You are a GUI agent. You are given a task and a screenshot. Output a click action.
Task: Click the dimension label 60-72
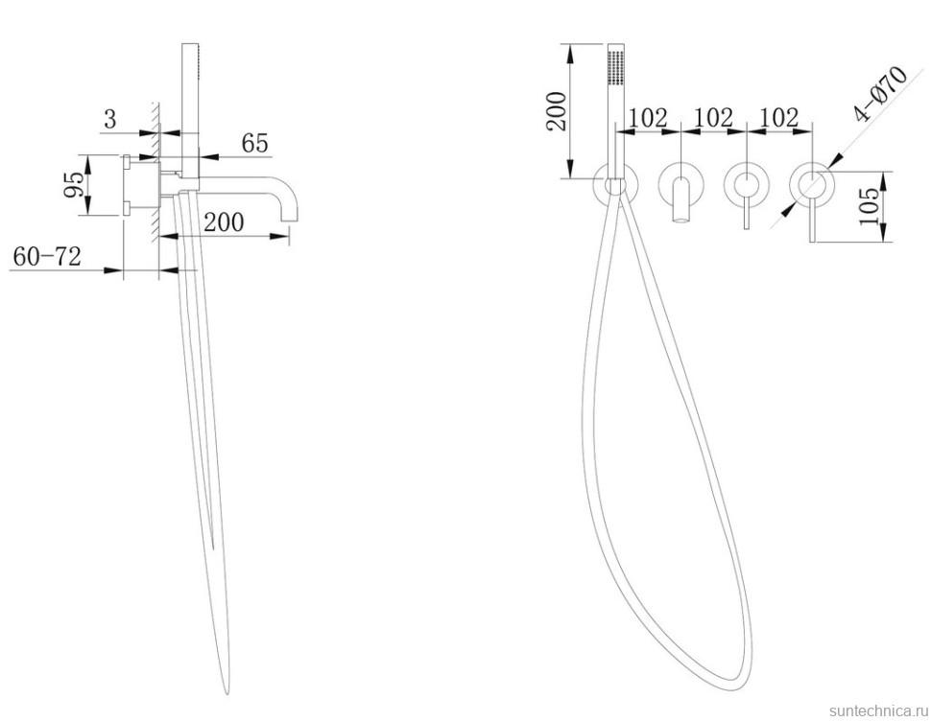(47, 257)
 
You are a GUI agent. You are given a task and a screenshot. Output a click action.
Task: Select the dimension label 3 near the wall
(110, 119)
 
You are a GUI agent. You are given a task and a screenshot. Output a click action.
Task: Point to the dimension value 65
(254, 144)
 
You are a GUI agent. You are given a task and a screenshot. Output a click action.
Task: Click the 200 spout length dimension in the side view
(224, 221)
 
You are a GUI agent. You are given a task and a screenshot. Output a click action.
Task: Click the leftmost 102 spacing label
(648, 118)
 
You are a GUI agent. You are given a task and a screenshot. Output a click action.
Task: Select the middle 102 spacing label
(713, 118)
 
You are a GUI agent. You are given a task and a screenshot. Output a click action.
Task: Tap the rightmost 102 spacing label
(779, 118)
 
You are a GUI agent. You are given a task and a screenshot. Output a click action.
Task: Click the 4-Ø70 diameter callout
(880, 94)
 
